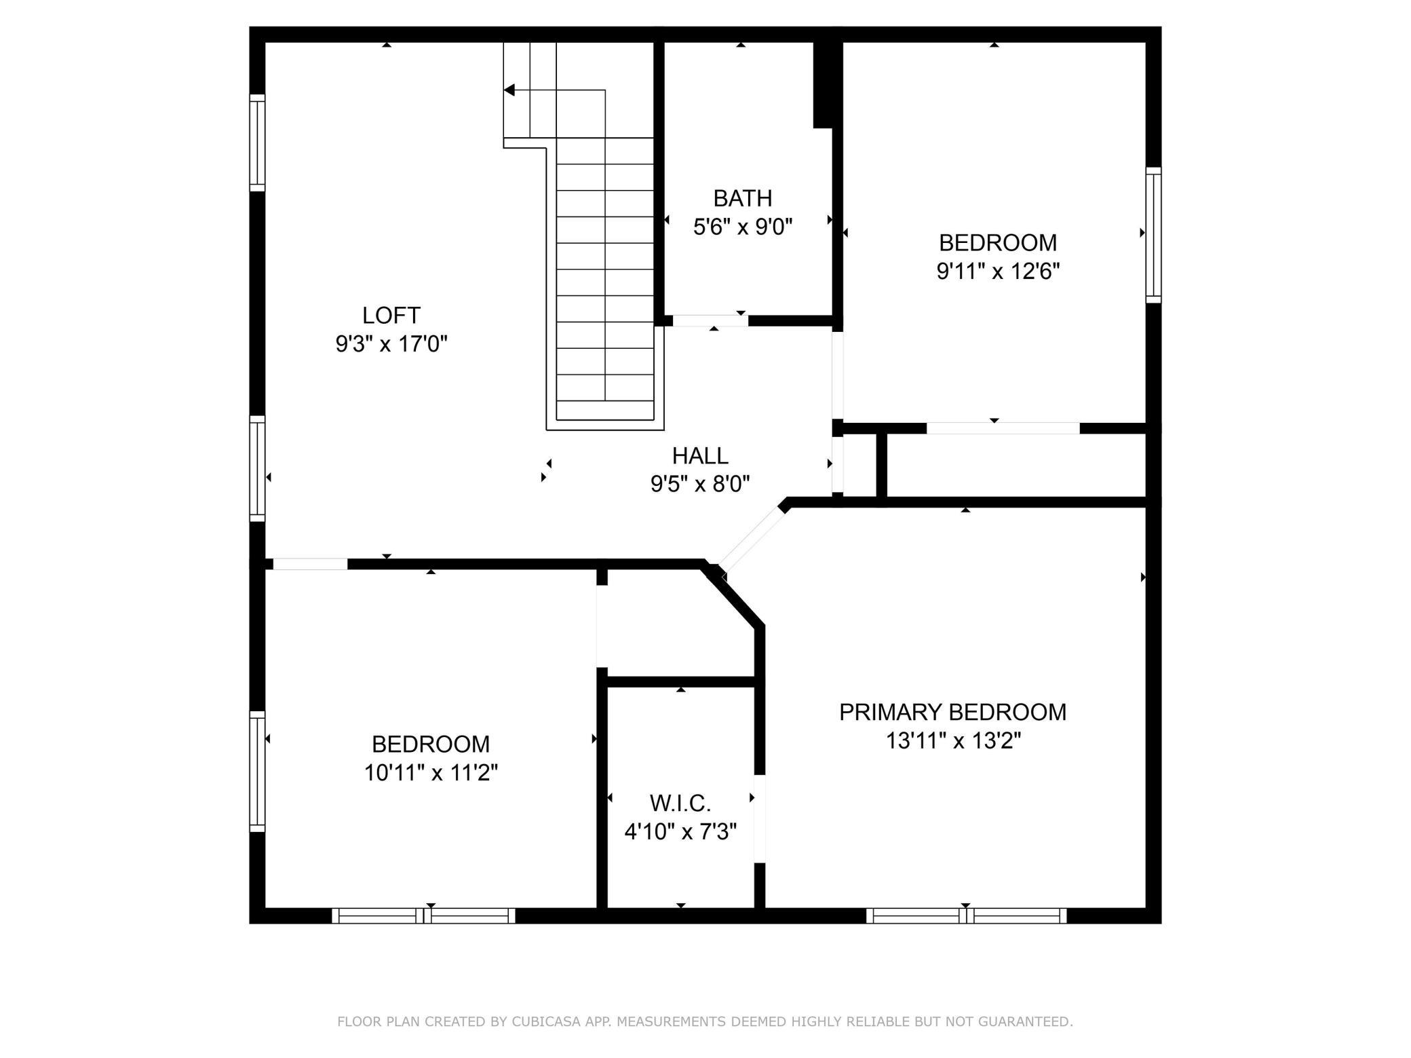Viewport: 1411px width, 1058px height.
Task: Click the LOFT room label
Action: pos(391,316)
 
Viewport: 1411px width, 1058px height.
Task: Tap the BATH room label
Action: pos(743,198)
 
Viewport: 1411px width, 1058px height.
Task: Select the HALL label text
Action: pos(700,455)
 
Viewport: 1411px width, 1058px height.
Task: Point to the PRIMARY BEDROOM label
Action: pos(953,712)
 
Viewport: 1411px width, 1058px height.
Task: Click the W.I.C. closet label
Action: pos(680,804)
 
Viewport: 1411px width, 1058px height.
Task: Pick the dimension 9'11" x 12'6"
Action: pos(999,271)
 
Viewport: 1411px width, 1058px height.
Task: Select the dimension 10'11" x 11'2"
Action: pos(431,773)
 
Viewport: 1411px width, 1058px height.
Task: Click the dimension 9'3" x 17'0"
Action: pos(391,344)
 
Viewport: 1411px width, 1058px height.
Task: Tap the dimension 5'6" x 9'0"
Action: pos(743,227)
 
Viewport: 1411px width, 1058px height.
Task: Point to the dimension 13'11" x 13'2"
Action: pos(953,740)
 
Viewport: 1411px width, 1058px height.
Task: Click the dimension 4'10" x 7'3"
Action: pos(680,831)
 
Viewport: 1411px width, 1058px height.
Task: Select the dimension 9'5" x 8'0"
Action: pos(700,484)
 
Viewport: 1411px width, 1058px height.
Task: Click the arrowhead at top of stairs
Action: pos(509,90)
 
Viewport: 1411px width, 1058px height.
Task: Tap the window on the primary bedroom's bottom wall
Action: pos(966,915)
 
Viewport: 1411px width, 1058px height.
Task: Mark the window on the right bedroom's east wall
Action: pos(1153,235)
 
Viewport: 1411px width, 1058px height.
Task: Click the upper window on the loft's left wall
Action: pos(257,143)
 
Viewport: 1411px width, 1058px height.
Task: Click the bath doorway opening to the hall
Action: pos(710,321)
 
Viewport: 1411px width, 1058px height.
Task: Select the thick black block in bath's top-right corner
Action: pos(823,85)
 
